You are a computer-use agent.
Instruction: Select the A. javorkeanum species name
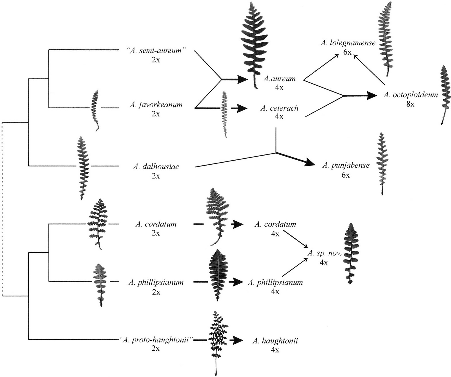[x=156, y=105]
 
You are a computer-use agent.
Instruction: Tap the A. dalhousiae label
[x=156, y=167]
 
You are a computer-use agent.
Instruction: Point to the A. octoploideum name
[x=410, y=95]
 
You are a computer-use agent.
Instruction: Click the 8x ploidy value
[x=410, y=104]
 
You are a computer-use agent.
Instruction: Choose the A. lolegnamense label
[x=348, y=43]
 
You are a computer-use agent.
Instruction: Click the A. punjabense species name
[x=346, y=165]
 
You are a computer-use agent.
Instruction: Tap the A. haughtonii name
[x=275, y=341]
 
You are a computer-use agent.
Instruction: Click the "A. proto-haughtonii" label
[x=156, y=340]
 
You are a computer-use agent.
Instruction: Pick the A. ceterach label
[x=279, y=108]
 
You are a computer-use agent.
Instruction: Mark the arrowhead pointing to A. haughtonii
[x=239, y=341]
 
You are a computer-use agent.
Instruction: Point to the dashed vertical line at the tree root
[x=2, y=209]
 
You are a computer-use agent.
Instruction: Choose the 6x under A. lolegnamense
[x=348, y=52]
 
